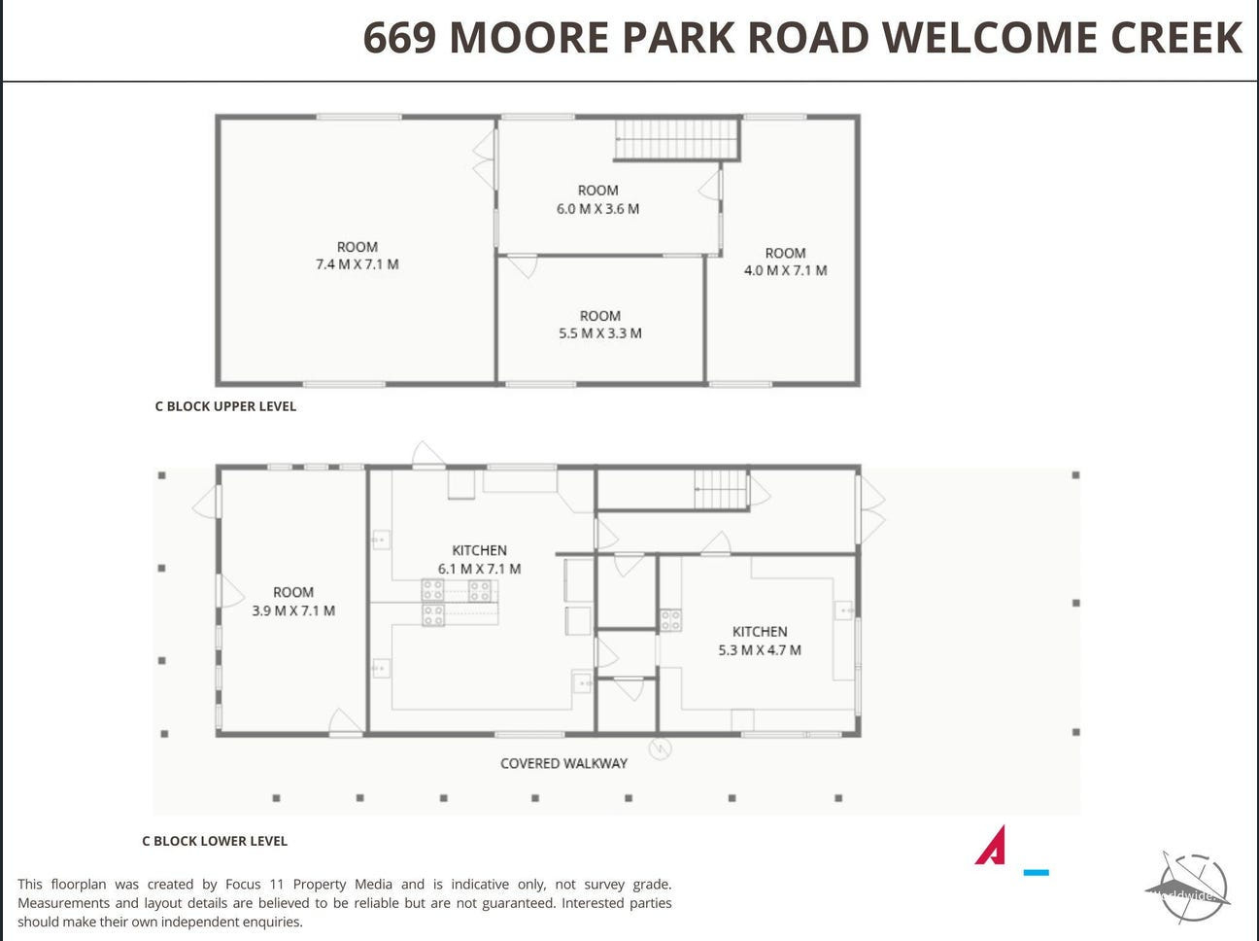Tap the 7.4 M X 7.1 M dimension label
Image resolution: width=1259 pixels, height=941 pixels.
(x=357, y=264)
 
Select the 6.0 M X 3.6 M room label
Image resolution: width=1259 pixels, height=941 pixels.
(x=597, y=209)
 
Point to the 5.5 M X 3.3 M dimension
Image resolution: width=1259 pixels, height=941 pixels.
(x=600, y=333)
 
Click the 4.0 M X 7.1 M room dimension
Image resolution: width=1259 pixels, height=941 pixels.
(x=785, y=270)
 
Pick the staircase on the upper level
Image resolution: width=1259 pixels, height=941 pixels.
(x=676, y=138)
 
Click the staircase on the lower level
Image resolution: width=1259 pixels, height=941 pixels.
(x=721, y=489)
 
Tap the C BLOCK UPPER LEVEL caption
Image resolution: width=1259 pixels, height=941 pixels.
(x=225, y=406)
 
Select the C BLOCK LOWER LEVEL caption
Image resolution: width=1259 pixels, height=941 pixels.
(x=215, y=841)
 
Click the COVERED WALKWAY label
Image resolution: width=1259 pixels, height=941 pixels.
(x=563, y=764)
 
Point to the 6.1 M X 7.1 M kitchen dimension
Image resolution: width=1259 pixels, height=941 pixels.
(x=480, y=570)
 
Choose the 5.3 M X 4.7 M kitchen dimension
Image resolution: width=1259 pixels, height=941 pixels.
(x=760, y=650)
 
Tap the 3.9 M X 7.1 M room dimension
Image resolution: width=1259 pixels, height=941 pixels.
(x=293, y=610)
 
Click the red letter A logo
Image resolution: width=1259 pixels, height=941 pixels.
(x=992, y=845)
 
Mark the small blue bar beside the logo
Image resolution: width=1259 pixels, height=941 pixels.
(x=1036, y=873)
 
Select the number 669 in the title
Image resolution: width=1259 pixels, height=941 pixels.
(x=400, y=38)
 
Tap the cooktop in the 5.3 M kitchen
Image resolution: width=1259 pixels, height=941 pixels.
(x=670, y=619)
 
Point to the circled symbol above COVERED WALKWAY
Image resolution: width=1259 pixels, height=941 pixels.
(x=660, y=749)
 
